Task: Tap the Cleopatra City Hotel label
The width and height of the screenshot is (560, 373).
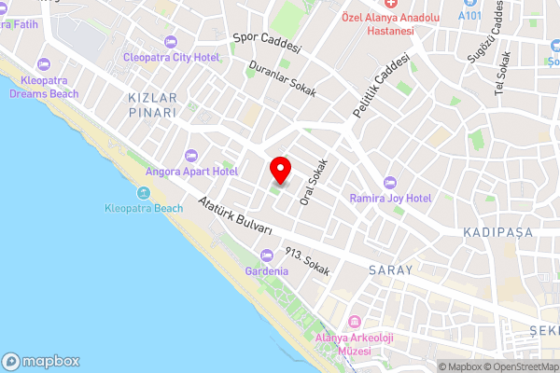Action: pyautogui.click(x=171, y=58)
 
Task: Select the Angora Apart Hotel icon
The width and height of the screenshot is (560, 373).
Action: pyautogui.click(x=191, y=155)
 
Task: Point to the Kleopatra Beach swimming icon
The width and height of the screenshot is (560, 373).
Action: pyautogui.click(x=144, y=193)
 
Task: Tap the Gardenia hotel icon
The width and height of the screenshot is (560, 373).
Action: pyautogui.click(x=267, y=255)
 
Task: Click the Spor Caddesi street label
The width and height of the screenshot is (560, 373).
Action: pyautogui.click(x=266, y=43)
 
